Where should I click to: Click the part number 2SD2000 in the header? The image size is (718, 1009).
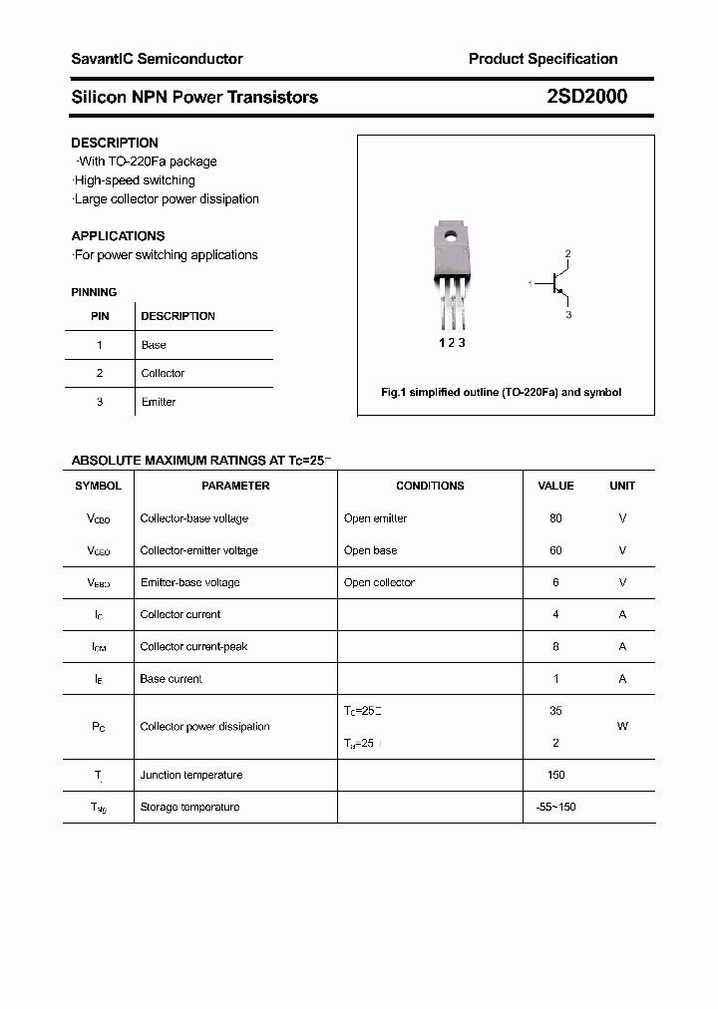coord(586,97)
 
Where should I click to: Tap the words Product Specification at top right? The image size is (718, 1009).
coord(542,59)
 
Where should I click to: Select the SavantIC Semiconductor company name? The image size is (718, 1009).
coord(157,59)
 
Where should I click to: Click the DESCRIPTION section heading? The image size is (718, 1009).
coord(115,143)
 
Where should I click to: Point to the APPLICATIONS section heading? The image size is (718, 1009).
coord(118,236)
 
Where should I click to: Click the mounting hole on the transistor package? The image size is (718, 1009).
coord(451,237)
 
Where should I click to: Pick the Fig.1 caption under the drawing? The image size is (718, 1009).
coord(501,392)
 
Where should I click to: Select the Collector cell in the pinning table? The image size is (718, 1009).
coord(163,373)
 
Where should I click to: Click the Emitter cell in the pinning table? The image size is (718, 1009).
coord(158,402)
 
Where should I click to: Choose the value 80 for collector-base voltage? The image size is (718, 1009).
coord(555,518)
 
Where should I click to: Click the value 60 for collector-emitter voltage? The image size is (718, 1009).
coord(555,550)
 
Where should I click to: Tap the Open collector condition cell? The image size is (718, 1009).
coord(379,582)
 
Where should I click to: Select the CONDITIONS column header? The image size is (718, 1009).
coord(430,486)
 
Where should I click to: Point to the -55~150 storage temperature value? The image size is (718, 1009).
coord(555,807)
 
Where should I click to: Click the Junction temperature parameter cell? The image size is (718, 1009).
coord(190,775)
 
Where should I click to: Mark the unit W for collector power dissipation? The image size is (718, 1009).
coord(622,727)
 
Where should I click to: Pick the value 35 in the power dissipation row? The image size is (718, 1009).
coord(555,711)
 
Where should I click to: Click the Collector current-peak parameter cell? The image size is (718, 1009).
coord(193,646)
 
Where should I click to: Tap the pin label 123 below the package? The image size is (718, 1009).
coord(452,342)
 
